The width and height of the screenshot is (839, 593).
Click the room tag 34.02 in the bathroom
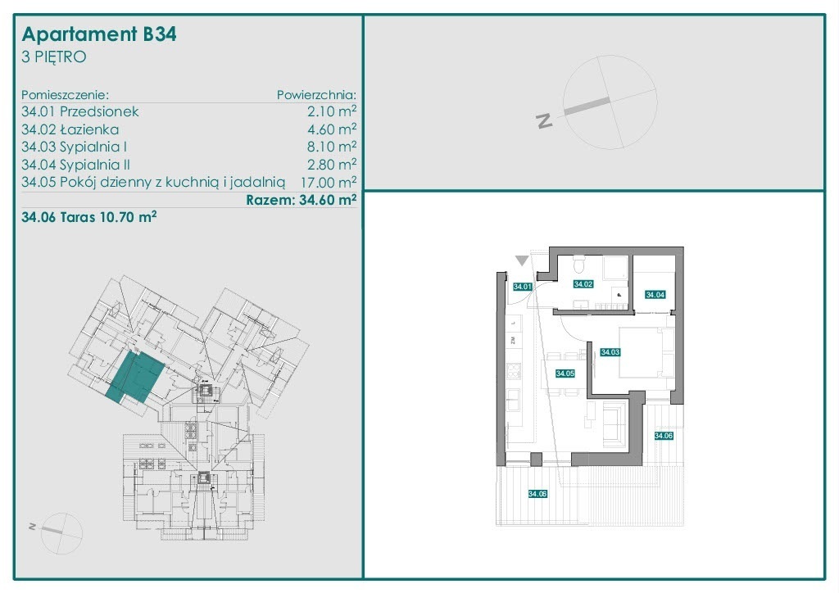(583, 284)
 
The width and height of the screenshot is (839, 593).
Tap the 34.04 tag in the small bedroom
(655, 295)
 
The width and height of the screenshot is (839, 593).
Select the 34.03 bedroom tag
(610, 352)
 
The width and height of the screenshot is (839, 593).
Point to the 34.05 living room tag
(565, 373)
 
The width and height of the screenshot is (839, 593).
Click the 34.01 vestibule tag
(522, 287)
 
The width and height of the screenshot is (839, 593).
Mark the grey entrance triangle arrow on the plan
(522, 260)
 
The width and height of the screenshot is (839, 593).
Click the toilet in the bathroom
(578, 265)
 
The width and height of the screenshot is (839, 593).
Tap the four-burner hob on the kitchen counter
(514, 370)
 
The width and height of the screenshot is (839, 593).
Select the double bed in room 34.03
(646, 352)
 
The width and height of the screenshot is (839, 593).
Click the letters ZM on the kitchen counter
(513, 340)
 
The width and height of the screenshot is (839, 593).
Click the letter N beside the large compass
(544, 121)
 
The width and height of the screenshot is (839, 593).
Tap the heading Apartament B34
(99, 34)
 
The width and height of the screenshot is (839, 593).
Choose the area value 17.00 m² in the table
(329, 183)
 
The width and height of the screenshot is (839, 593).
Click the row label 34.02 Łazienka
(70, 129)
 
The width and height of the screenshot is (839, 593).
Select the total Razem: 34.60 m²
(302, 200)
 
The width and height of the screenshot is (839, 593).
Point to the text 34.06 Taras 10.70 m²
(88, 217)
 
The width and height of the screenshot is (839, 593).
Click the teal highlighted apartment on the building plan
(135, 377)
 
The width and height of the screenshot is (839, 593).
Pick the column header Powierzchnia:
(316, 95)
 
